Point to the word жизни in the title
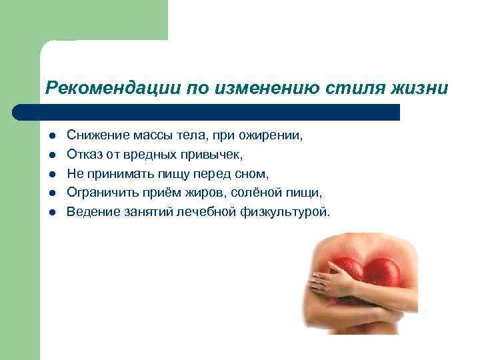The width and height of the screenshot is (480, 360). point(415,88)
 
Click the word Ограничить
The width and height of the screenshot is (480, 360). point(101,193)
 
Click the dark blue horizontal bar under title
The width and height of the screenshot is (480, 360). point(207,111)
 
